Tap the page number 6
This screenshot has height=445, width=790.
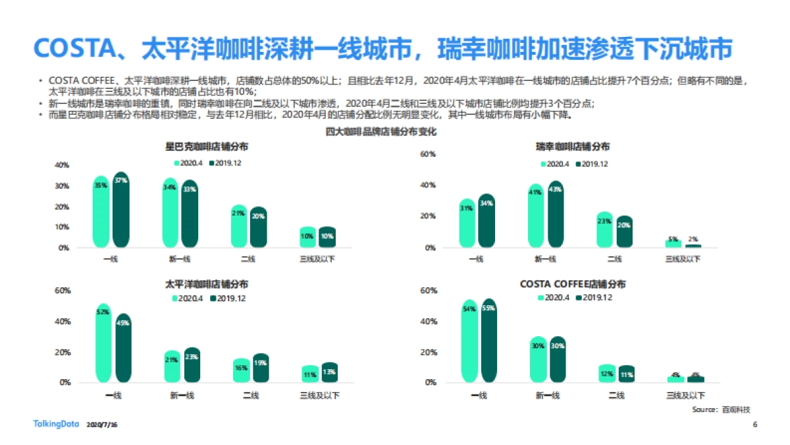click(x=755, y=424)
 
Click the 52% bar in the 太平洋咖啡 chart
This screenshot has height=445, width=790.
click(x=103, y=343)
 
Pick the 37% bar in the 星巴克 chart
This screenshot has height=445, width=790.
click(x=120, y=210)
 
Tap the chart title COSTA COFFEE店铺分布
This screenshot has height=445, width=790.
click(x=572, y=284)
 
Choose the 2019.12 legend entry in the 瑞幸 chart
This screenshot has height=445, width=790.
click(x=591, y=164)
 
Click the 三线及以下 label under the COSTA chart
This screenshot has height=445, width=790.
click(x=685, y=395)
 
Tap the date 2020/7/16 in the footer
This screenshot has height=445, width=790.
click(x=101, y=425)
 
